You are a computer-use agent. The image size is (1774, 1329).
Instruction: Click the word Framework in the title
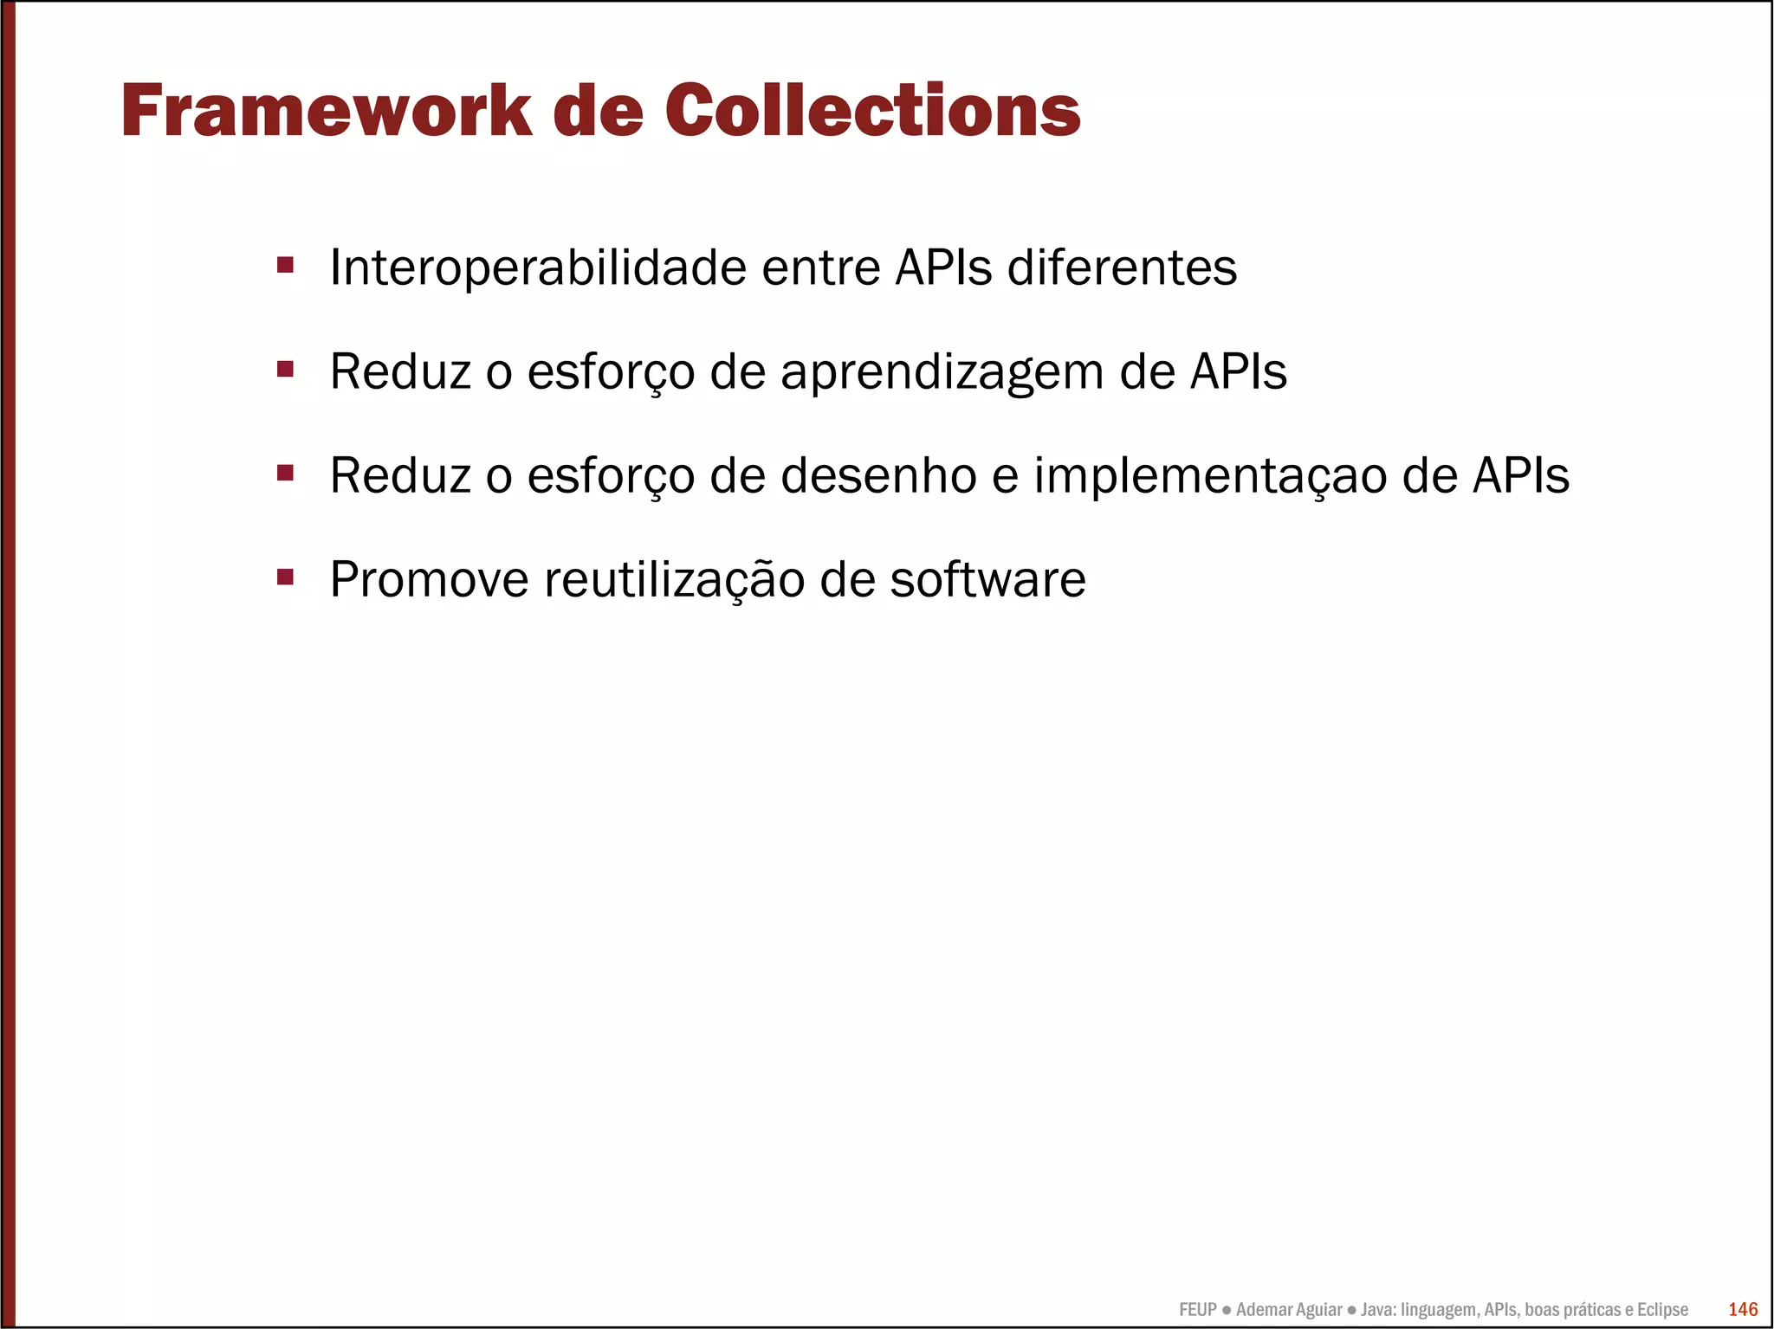(x=327, y=111)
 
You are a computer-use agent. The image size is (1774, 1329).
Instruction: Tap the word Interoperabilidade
(x=538, y=268)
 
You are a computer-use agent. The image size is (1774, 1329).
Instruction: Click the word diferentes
(x=1122, y=268)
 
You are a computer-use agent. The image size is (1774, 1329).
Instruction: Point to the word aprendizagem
(x=942, y=373)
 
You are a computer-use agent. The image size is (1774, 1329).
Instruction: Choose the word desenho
(x=878, y=476)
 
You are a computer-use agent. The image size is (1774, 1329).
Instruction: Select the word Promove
(x=429, y=579)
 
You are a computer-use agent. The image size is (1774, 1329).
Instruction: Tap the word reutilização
(x=674, y=580)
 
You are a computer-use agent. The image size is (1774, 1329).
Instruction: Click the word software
(x=987, y=579)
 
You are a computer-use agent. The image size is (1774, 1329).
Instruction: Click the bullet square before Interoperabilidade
(x=285, y=264)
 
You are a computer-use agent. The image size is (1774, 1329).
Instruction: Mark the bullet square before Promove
(x=285, y=576)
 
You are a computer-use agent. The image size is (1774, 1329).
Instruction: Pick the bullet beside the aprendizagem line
(x=285, y=369)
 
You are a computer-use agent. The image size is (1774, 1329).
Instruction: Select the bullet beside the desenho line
(x=285, y=473)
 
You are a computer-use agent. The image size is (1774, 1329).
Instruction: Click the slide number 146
(x=1743, y=1309)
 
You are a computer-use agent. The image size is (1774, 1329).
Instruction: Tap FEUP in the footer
(x=1197, y=1310)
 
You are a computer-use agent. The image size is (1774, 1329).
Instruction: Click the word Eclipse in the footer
(x=1662, y=1310)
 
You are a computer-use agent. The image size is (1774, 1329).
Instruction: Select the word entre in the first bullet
(x=820, y=268)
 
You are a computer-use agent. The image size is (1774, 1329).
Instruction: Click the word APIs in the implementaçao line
(x=1520, y=476)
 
